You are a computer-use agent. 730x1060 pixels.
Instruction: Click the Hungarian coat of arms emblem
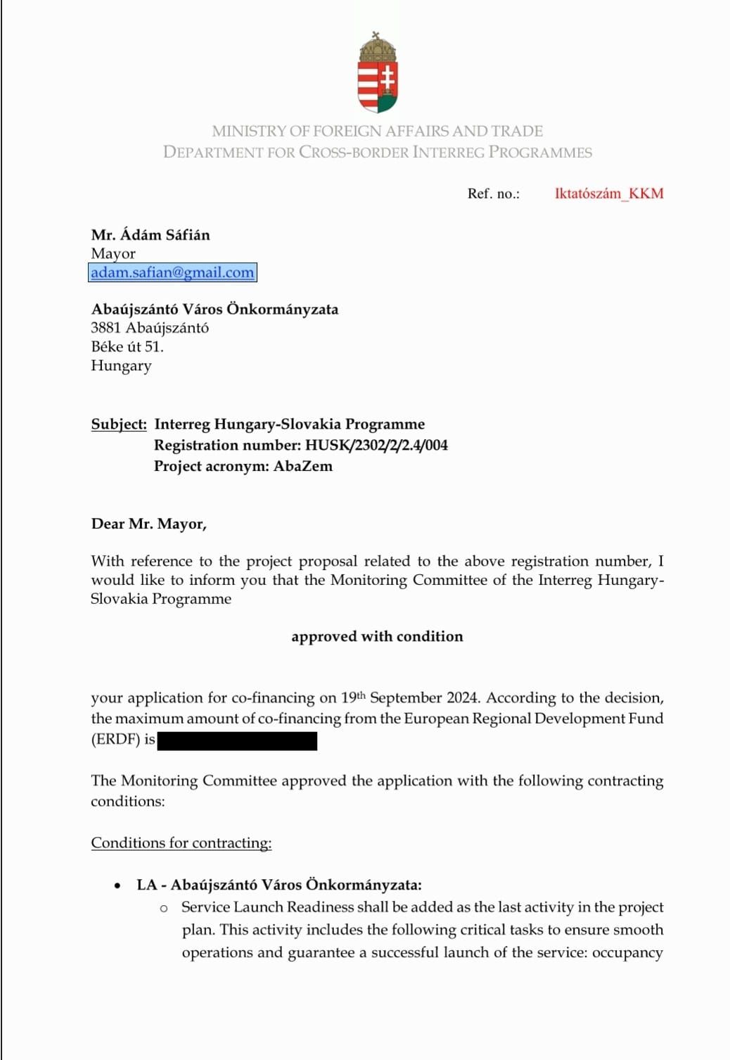click(x=378, y=72)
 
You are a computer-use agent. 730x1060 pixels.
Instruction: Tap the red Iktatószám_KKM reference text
click(x=608, y=194)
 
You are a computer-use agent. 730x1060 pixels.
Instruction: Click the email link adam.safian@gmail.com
click(x=172, y=272)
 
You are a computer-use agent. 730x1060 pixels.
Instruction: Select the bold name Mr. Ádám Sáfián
click(x=151, y=234)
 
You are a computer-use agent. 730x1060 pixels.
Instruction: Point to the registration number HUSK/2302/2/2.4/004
click(x=376, y=445)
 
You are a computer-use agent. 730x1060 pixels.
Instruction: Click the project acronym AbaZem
click(x=303, y=466)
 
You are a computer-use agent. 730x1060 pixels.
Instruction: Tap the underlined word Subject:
click(x=119, y=424)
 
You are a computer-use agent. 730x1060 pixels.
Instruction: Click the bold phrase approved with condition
click(x=377, y=636)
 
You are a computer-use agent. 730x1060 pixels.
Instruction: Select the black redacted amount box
click(x=237, y=740)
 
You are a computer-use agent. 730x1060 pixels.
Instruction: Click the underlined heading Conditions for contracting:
click(x=181, y=843)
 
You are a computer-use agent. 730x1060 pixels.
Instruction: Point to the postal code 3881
click(x=106, y=328)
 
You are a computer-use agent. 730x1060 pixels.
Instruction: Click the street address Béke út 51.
click(x=127, y=346)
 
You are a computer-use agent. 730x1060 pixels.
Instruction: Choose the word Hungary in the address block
click(x=121, y=365)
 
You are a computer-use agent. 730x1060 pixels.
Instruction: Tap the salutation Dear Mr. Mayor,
click(x=149, y=524)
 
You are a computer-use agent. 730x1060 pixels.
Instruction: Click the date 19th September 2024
click(x=409, y=698)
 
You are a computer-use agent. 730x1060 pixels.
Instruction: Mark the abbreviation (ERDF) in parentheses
click(x=116, y=740)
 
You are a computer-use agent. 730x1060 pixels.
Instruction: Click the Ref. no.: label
click(x=494, y=194)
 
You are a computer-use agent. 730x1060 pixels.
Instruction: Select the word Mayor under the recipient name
click(x=113, y=253)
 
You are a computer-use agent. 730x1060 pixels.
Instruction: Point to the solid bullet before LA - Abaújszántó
click(x=117, y=885)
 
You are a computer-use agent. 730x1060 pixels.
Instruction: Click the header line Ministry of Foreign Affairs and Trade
click(x=378, y=131)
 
